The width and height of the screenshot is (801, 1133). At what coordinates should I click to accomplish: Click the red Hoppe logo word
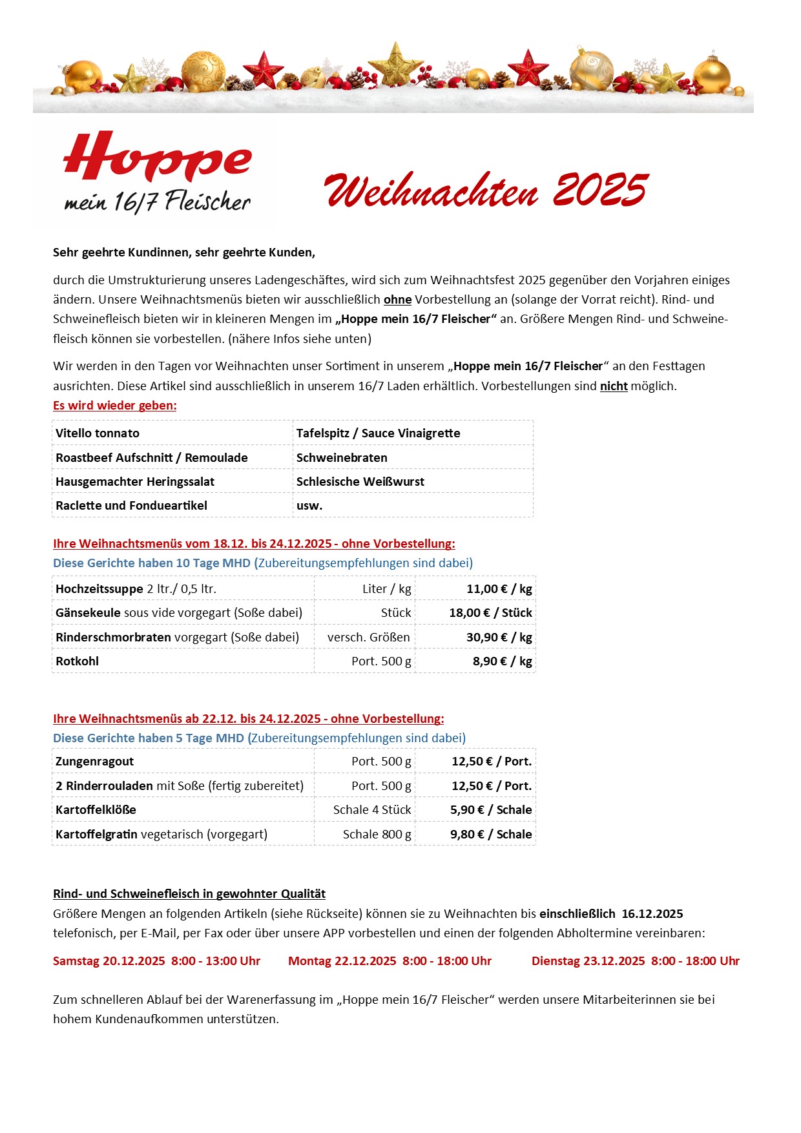[157, 157]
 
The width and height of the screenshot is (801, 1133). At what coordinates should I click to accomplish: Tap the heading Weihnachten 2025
[486, 190]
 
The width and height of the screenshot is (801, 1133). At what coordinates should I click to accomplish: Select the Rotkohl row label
[77, 661]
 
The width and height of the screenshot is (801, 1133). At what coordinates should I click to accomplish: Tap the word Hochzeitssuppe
[99, 589]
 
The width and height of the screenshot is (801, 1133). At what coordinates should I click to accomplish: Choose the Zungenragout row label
[94, 762]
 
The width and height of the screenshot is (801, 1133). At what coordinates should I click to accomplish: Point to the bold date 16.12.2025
[652, 914]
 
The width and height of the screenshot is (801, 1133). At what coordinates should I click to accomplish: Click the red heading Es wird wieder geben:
[115, 406]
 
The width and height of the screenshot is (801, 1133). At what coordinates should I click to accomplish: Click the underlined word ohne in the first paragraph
[397, 300]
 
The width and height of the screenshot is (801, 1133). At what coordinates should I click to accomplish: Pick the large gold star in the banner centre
[395, 65]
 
